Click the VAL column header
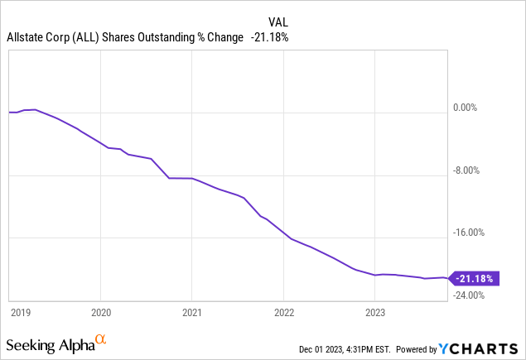(x=278, y=22)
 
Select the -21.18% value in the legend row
(x=269, y=37)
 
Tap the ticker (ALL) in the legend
(x=83, y=37)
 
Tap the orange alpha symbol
(x=100, y=340)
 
